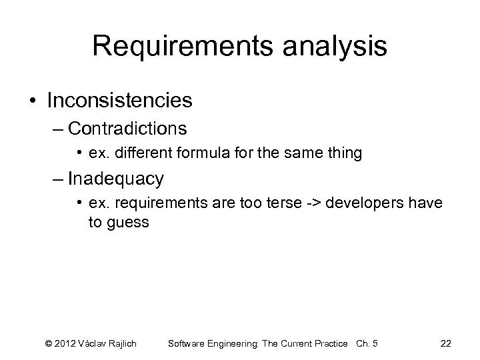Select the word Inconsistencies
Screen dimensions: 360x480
point(120,101)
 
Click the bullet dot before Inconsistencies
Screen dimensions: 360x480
point(33,101)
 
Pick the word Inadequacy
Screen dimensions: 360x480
point(124,179)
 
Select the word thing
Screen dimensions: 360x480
point(344,153)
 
